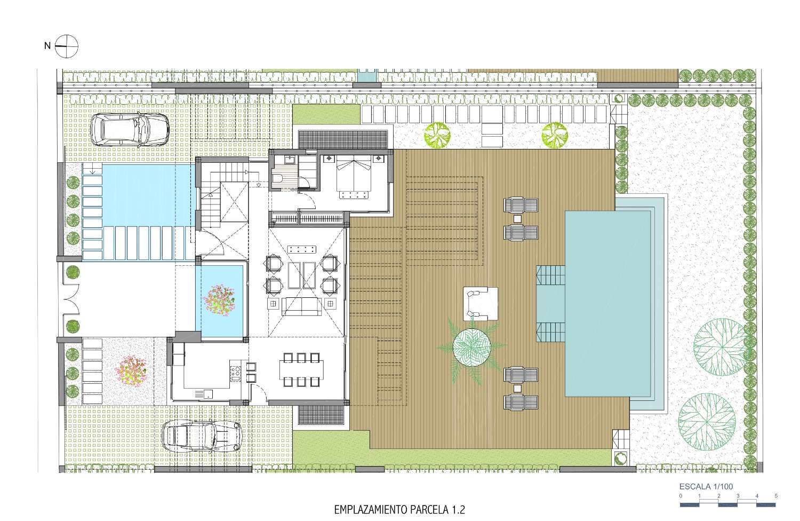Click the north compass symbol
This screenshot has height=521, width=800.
click(67, 46)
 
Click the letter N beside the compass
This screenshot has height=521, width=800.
click(47, 46)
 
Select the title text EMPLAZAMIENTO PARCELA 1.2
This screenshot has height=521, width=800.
click(399, 510)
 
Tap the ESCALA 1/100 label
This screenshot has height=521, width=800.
click(706, 486)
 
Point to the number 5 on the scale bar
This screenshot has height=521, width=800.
click(776, 496)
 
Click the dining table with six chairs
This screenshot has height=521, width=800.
click(301, 370)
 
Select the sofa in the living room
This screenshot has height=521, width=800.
click(301, 306)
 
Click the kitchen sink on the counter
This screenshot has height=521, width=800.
click(204, 394)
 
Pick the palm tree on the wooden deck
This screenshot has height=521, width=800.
click(471, 346)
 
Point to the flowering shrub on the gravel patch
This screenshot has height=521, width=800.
click(131, 370)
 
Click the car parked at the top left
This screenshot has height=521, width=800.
click(130, 130)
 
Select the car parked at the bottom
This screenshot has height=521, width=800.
click(202, 437)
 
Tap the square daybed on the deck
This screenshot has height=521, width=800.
click(481, 304)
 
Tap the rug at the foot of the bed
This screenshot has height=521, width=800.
click(354, 195)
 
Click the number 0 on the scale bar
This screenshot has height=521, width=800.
click(681, 496)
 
